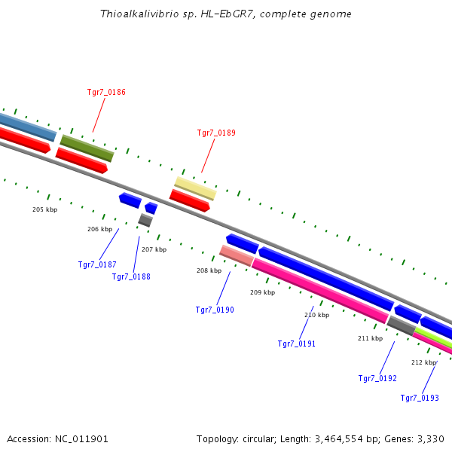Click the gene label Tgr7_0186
106,93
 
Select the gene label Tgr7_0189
216,133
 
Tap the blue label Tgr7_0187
97,264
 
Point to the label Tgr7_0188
131,276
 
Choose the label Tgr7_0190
215,310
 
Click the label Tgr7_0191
297,344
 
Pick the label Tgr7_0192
377,378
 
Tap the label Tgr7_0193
420,398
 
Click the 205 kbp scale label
44,209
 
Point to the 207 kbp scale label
154,249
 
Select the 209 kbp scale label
262,292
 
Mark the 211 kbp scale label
370,338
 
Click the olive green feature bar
87,148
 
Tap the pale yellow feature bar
195,188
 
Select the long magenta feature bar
319,290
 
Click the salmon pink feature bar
236,255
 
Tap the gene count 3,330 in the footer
429,438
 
